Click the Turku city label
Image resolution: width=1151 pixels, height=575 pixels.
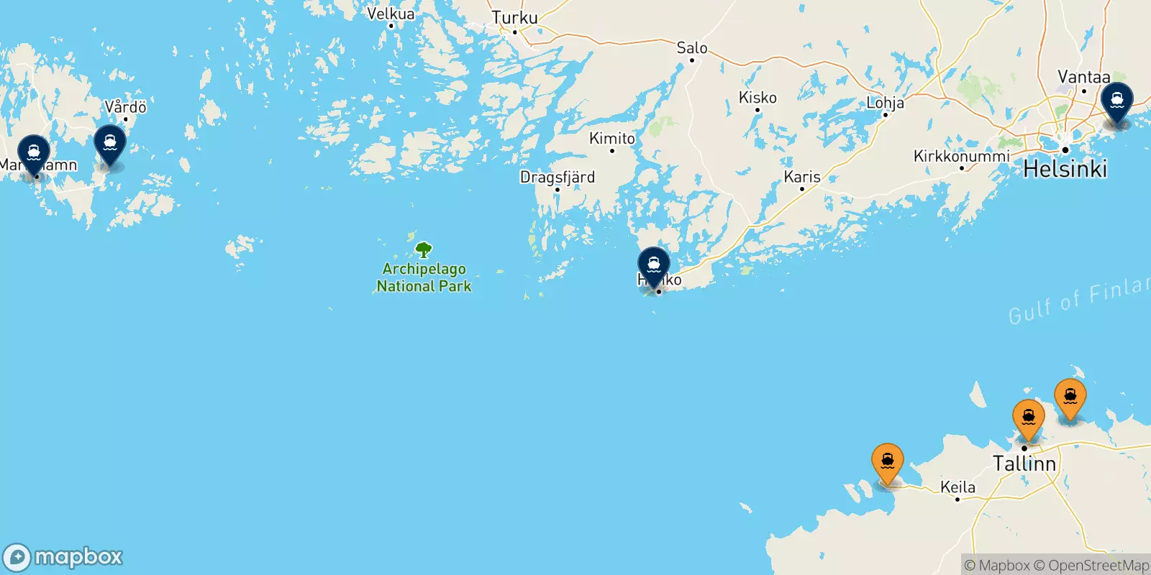tap(514, 17)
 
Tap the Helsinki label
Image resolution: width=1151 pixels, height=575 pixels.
tap(1065, 169)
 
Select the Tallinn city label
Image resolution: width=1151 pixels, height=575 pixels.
tap(1024, 464)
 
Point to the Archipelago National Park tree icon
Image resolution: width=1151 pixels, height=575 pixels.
tap(424, 250)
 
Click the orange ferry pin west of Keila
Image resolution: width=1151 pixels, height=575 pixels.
tap(888, 463)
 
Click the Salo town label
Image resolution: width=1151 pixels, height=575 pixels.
tap(692, 48)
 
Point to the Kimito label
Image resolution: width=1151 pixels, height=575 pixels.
tap(612, 138)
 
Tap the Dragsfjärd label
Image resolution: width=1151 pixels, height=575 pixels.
tap(558, 177)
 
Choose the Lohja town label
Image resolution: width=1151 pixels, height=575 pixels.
tap(885, 103)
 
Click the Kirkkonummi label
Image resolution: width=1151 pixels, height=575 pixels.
tap(961, 156)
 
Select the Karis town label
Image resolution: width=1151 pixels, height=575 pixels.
tap(802, 176)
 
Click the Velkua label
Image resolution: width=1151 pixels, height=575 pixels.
tap(391, 14)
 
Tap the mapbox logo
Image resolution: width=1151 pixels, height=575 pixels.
tap(63, 557)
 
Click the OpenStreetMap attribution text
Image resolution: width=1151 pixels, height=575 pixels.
tap(1098, 566)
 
